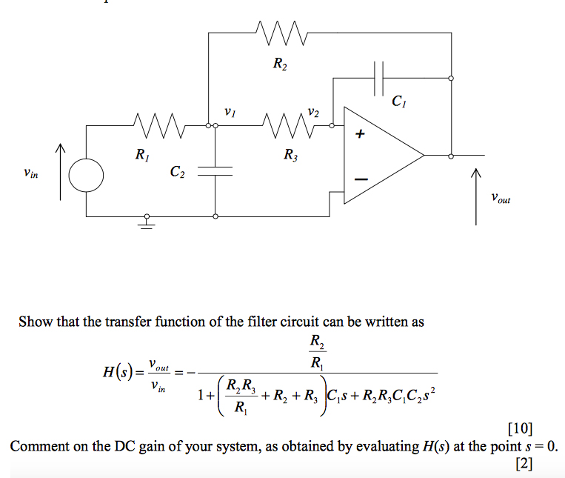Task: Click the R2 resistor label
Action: pos(280,65)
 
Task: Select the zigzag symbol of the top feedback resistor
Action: pos(280,33)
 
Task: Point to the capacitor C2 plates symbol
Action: pos(215,171)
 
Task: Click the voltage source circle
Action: pos(87,176)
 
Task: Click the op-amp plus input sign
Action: pos(361,135)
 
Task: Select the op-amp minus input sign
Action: pos(361,179)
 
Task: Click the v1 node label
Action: pos(230,113)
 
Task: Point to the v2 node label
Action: pos(313,113)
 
